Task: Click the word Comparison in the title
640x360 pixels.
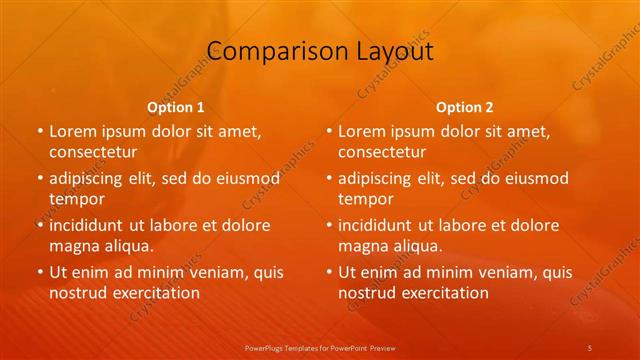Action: (x=264, y=52)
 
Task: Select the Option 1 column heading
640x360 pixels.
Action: (x=176, y=107)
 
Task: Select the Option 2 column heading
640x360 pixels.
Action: (x=465, y=107)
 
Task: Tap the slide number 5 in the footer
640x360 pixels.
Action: (x=590, y=347)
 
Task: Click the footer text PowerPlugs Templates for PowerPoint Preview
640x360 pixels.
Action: (x=319, y=347)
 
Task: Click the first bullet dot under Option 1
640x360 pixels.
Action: (x=40, y=131)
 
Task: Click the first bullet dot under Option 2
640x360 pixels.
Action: (x=329, y=131)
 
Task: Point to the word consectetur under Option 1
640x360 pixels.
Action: (x=92, y=152)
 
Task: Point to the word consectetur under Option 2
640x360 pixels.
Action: (x=381, y=152)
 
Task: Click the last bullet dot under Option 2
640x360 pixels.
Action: (x=329, y=272)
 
